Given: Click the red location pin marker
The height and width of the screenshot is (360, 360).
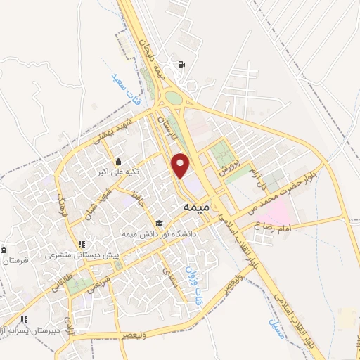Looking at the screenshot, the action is (181, 165).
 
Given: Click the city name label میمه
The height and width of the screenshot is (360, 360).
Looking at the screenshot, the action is (192, 208).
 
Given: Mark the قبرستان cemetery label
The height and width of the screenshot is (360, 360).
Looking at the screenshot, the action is (13, 260).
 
